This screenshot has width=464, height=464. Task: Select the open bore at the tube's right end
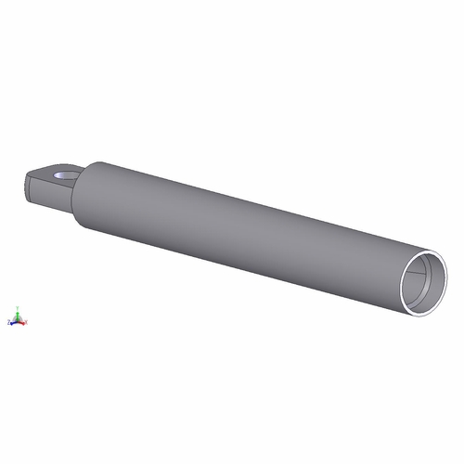point(427,278)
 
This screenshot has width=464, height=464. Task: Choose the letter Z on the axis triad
point(7,322)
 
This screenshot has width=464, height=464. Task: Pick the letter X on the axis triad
point(27,322)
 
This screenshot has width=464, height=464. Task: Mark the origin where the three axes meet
point(17,320)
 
